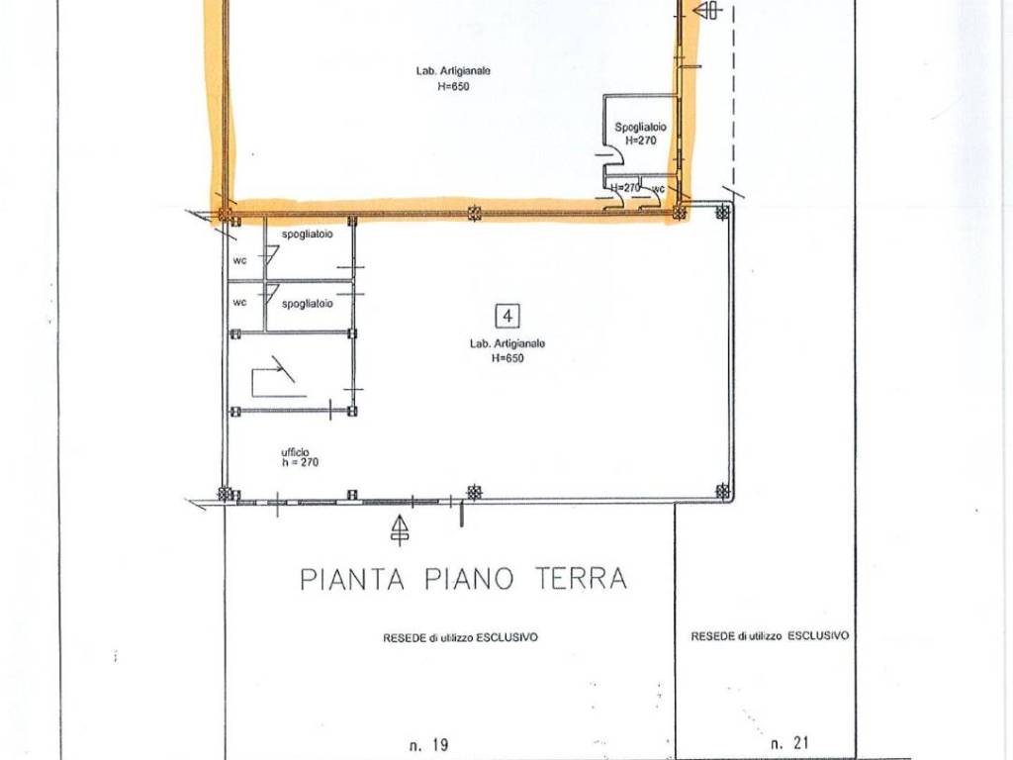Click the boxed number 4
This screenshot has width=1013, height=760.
tap(507, 316)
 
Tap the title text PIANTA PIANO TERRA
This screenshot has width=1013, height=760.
tap(463, 578)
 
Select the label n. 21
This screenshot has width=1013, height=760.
tap(790, 742)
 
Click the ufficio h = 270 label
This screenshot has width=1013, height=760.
tap(300, 457)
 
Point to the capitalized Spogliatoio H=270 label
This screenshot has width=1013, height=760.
tap(640, 134)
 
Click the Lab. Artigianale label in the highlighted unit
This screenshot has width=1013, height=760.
tap(454, 78)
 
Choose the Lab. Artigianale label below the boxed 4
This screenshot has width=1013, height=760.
tap(506, 350)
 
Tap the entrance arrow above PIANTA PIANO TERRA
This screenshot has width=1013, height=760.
tap(399, 530)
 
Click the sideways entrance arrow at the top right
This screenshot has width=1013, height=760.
tap(708, 11)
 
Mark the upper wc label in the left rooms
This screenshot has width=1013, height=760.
tap(239, 261)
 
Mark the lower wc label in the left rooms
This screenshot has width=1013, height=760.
tap(239, 302)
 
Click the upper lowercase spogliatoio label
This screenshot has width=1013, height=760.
tap(307, 236)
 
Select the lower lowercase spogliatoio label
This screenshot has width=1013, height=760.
tap(307, 304)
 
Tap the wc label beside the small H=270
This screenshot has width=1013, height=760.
tap(657, 187)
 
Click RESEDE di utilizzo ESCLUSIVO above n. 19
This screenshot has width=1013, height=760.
tap(460, 638)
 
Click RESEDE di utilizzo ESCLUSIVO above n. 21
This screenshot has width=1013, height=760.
tap(769, 636)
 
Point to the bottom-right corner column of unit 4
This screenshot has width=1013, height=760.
tap(723, 491)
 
